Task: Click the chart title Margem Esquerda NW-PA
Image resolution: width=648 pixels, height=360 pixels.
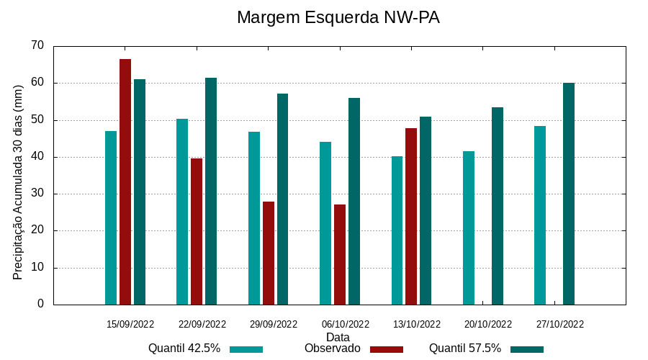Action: tap(338, 17)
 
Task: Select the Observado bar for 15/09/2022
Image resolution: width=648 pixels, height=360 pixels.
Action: tap(125, 181)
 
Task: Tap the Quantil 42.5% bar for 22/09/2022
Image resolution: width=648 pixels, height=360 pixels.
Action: tap(182, 212)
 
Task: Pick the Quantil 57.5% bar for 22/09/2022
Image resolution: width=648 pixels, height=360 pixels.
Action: tap(211, 191)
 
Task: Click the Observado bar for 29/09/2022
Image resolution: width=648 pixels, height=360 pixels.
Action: tap(269, 253)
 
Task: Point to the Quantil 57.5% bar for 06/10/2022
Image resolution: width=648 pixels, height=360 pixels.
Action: tap(354, 201)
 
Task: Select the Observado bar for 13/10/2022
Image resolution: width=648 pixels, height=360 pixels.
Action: tap(411, 216)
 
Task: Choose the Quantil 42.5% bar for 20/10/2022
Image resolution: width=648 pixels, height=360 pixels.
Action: tap(469, 228)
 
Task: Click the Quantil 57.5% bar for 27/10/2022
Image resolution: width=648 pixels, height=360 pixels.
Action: tap(569, 194)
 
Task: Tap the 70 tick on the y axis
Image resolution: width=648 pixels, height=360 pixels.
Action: tap(37, 45)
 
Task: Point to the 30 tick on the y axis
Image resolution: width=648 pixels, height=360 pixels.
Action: tap(37, 194)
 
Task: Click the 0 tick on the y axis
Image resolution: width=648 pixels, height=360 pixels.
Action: tap(40, 305)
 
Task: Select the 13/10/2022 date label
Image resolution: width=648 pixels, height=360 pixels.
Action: tap(417, 324)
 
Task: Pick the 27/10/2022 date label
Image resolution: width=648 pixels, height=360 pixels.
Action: tap(560, 324)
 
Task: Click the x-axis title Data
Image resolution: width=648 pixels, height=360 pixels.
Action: tap(338, 337)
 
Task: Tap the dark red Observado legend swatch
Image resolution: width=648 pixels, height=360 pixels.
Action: tap(387, 349)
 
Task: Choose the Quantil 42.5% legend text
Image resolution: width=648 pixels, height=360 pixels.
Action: tap(184, 348)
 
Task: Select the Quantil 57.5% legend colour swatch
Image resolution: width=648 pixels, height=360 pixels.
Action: tap(527, 349)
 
